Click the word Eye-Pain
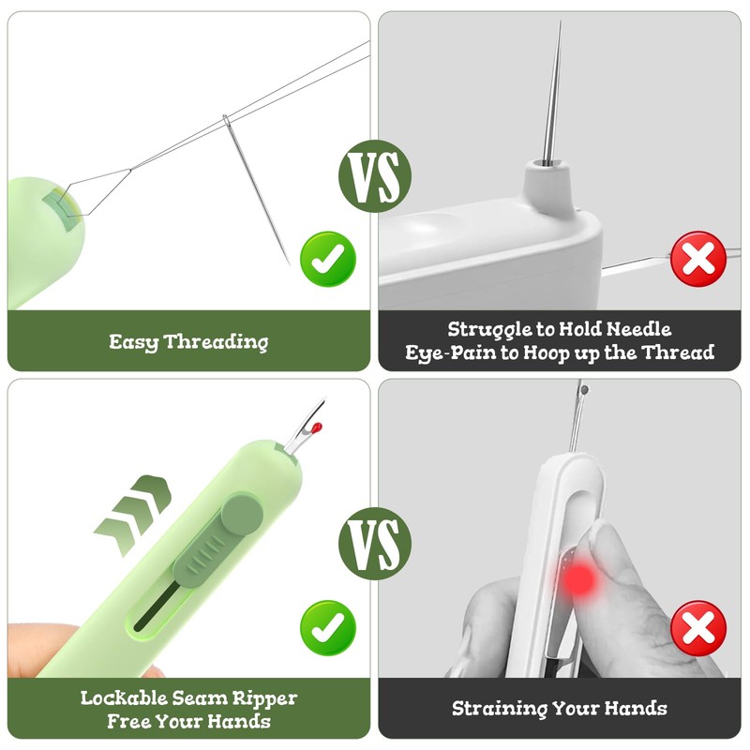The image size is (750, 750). pyautogui.click(x=446, y=353)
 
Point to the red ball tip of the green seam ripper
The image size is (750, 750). pyautogui.click(x=317, y=428)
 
